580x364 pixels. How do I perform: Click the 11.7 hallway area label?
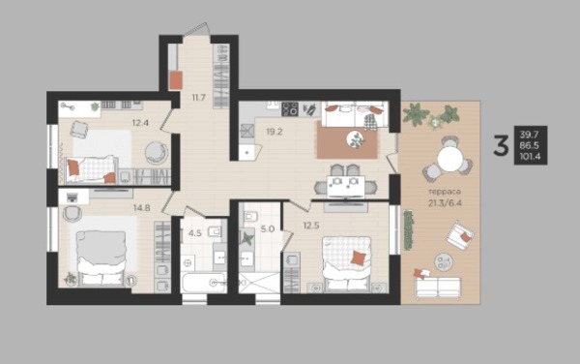click(198, 98)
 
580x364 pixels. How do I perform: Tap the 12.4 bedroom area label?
click(140, 122)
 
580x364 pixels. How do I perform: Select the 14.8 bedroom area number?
click(142, 208)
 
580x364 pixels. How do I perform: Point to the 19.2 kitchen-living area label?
click(275, 132)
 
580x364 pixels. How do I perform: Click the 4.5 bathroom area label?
click(195, 233)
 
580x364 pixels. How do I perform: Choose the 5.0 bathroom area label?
click(268, 228)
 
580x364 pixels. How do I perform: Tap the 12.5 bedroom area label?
click(311, 226)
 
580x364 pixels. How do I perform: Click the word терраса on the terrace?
click(445, 192)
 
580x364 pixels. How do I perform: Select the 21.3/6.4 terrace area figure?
click(445, 203)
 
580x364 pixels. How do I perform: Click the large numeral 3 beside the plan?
click(501, 145)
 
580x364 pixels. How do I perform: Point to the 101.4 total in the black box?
click(530, 157)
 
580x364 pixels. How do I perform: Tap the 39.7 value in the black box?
click(530, 135)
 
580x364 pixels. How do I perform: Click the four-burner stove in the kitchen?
click(290, 109)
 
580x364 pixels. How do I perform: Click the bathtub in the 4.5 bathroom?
click(204, 283)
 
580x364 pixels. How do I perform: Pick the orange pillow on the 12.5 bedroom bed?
click(358, 258)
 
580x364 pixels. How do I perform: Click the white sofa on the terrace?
click(438, 287)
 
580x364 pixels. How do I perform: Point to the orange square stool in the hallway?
click(176, 80)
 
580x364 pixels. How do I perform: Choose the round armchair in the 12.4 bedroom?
click(156, 153)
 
